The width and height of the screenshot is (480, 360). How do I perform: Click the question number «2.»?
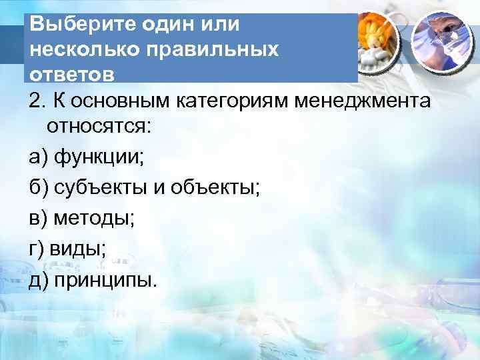click(x=37, y=101)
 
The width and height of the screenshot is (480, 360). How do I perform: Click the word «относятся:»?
click(x=99, y=128)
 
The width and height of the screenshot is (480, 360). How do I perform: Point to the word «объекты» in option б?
click(x=218, y=189)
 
